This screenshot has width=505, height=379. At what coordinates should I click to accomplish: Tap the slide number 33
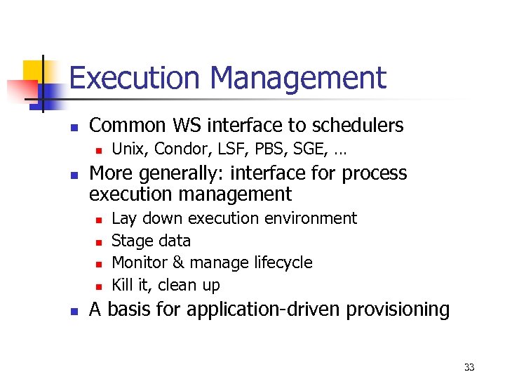click(x=469, y=367)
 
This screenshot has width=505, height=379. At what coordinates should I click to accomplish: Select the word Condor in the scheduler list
click(x=176, y=149)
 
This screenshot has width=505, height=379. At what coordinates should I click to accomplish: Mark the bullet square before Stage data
click(x=98, y=242)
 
